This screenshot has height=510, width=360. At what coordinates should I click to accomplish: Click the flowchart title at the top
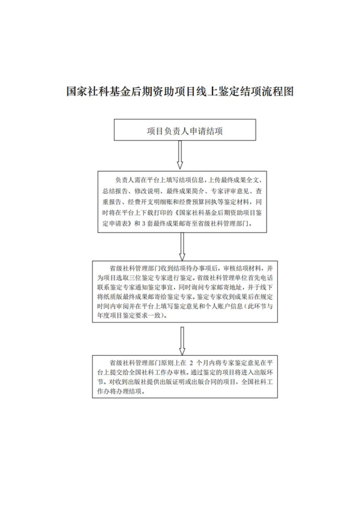click(x=180, y=92)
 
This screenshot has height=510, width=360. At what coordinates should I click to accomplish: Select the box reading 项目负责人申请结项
click(x=180, y=130)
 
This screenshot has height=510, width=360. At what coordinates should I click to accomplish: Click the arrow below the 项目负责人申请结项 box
click(x=180, y=154)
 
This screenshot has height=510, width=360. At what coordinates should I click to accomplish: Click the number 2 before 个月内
click(x=191, y=363)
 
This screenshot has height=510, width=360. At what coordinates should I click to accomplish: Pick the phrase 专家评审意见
click(x=230, y=190)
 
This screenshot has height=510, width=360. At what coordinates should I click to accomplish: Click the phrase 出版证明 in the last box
click(x=182, y=385)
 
